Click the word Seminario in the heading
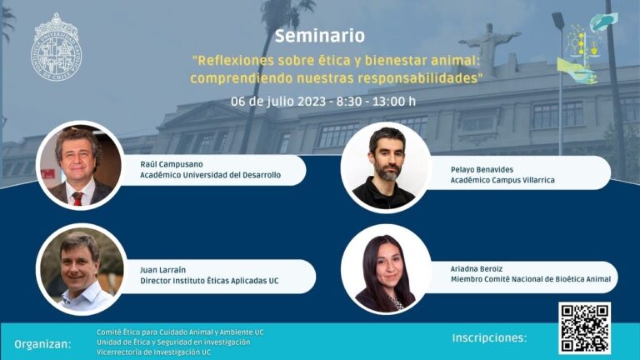(319, 37)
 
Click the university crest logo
(57, 47)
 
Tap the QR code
(584, 327)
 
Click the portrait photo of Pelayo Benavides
(385, 167)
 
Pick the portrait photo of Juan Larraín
(81, 270)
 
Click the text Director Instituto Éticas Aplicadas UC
(209, 281)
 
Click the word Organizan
(42, 343)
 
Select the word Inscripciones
(489, 337)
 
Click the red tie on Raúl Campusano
(77, 198)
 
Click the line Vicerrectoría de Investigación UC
(153, 352)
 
